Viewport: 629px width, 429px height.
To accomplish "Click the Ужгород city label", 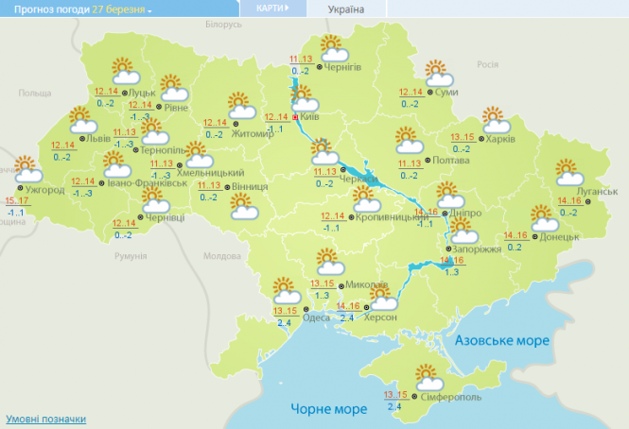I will coord(44,190).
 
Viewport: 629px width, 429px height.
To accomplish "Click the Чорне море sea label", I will coord(326,408).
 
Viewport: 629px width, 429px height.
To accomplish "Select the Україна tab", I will coord(347,8).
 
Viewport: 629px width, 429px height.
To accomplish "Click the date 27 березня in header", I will coord(119,8).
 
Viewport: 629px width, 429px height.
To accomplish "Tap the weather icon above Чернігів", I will coord(331,46).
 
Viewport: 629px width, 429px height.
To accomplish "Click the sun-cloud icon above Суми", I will coord(436,73).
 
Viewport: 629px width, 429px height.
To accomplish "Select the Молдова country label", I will coord(223,256).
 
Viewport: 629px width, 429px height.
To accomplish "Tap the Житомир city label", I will coord(253,134).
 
